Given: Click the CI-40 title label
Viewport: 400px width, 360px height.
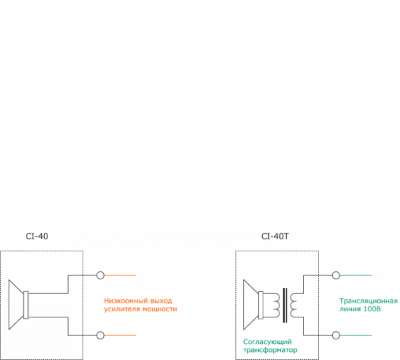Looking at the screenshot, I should pyautogui.click(x=37, y=236).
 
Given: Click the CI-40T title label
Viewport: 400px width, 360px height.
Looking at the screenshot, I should pyautogui.click(x=275, y=236).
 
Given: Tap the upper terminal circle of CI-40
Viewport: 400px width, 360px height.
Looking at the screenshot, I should pyautogui.click(x=100, y=275).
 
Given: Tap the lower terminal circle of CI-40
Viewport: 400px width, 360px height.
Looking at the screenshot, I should pyautogui.click(x=100, y=335).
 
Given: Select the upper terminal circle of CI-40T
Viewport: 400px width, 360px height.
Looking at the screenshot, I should pyautogui.click(x=336, y=275).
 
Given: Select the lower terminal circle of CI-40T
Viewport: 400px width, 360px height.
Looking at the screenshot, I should pyautogui.click(x=336, y=335).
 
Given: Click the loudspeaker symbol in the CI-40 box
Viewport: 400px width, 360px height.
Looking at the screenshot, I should pyautogui.click(x=20, y=305).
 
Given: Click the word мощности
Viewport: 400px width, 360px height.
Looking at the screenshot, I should pyautogui.click(x=159, y=309).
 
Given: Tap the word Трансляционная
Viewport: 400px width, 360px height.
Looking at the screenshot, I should pyautogui.click(x=368, y=301).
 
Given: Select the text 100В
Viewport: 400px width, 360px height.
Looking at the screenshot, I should pyautogui.click(x=372, y=310).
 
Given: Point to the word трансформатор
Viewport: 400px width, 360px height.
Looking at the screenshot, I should pyautogui.click(x=270, y=350).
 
